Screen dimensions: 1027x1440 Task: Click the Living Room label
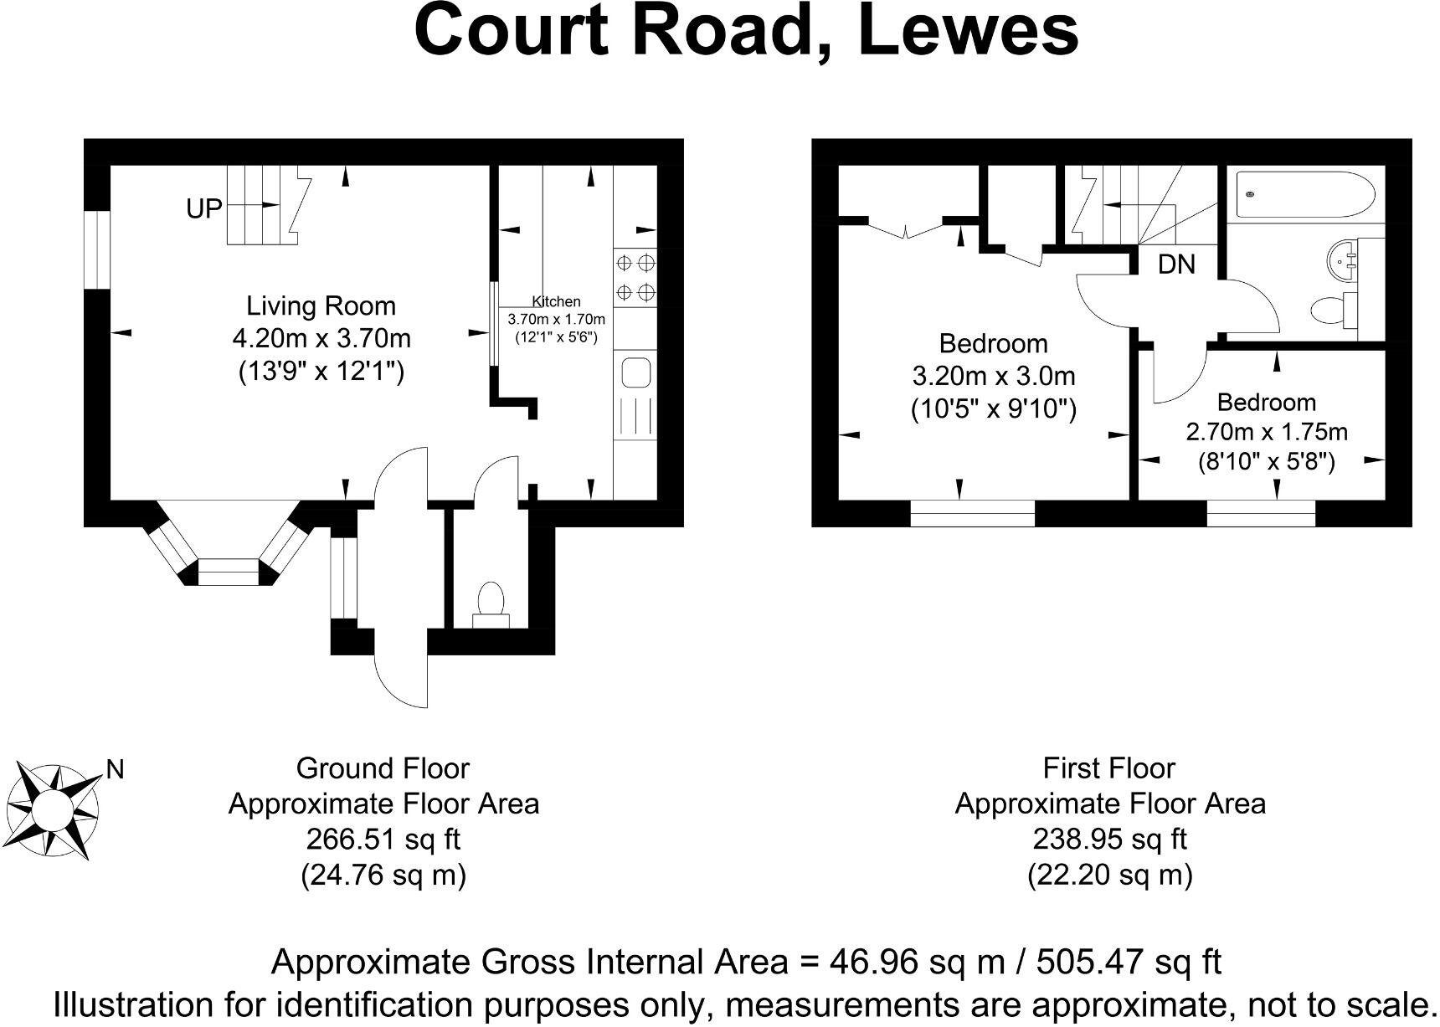(x=321, y=306)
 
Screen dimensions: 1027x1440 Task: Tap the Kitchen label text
(x=556, y=302)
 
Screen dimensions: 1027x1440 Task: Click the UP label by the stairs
(x=204, y=209)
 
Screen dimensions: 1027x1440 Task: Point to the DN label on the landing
(x=1176, y=264)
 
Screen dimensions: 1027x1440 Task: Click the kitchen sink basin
(x=636, y=372)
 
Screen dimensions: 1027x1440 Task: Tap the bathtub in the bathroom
(x=1304, y=194)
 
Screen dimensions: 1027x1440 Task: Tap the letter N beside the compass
(x=116, y=770)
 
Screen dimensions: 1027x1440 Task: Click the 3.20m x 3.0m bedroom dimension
(x=994, y=376)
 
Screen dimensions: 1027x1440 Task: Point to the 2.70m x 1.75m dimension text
(x=1266, y=432)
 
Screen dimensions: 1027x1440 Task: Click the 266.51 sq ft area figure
(x=383, y=839)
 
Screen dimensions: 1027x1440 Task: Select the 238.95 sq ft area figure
(x=1109, y=839)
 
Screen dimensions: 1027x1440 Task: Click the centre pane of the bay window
(x=229, y=573)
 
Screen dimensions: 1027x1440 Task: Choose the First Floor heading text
(x=1109, y=768)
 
